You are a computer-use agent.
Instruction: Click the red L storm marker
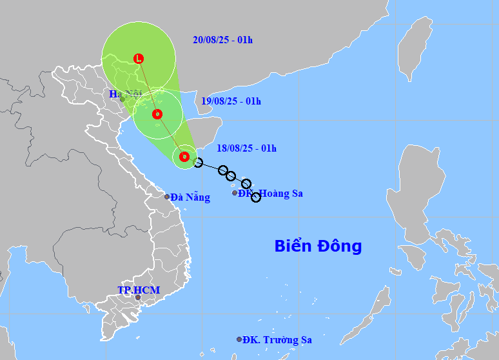138,59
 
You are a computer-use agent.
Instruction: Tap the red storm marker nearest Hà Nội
157,114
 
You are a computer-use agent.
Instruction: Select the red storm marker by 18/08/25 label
184,156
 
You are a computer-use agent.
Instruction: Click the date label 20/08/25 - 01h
222,40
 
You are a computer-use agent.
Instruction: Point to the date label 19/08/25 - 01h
231,101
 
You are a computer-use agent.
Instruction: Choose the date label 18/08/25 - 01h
247,148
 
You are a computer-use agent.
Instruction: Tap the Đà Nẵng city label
191,197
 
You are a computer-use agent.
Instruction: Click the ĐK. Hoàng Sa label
271,193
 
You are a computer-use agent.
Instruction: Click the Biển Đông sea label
318,246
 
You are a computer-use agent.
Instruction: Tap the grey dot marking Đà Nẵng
167,197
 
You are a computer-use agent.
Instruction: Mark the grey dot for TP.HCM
137,298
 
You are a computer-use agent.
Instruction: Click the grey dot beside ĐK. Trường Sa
239,339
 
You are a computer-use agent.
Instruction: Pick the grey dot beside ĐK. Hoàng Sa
235,193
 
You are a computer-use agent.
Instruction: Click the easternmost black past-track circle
256,197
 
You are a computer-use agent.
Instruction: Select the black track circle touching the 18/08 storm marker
198,163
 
